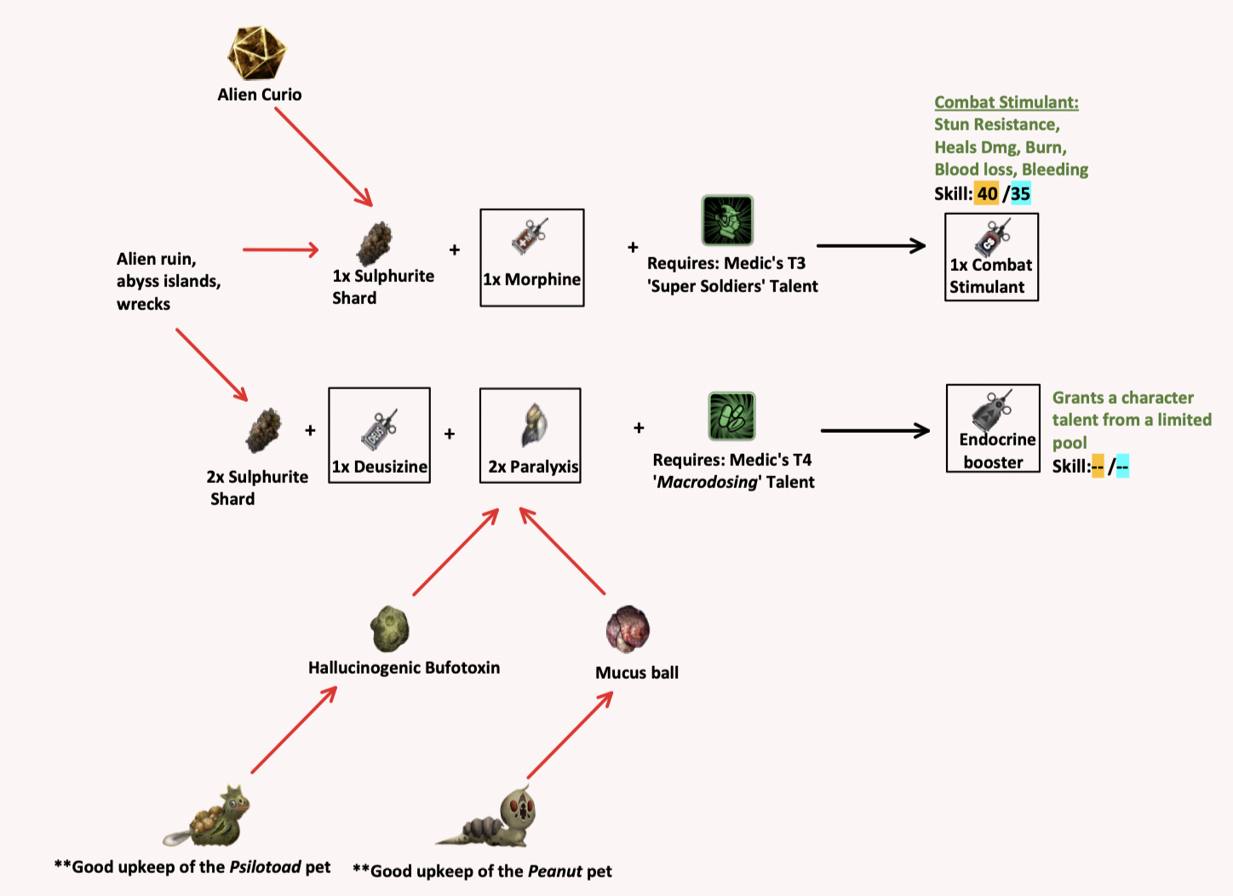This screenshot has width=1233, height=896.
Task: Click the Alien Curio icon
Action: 256,53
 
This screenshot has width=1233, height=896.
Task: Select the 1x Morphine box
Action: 532,257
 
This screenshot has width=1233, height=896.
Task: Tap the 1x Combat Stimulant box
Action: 991,256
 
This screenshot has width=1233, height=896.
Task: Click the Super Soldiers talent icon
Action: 726,220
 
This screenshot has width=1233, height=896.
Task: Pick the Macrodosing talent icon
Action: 731,416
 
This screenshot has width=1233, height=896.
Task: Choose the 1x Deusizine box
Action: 379,435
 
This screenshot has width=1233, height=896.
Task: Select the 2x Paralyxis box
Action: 530,435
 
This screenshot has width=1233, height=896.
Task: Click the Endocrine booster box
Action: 993,428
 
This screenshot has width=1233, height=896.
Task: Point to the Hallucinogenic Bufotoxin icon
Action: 390,629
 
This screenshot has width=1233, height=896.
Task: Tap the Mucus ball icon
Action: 628,629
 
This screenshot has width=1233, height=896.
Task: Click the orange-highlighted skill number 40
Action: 987,193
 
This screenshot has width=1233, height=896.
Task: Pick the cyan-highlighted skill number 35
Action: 1020,193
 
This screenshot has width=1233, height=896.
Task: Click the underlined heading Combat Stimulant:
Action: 1006,102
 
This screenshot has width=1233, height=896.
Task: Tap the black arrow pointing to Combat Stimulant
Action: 870,246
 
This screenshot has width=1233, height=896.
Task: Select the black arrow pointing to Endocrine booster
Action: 875,431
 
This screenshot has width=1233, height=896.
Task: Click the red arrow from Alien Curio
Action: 324,157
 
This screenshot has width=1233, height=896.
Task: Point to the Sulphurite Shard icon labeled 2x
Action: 263,430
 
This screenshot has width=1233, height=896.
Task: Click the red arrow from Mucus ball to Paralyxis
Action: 562,551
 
